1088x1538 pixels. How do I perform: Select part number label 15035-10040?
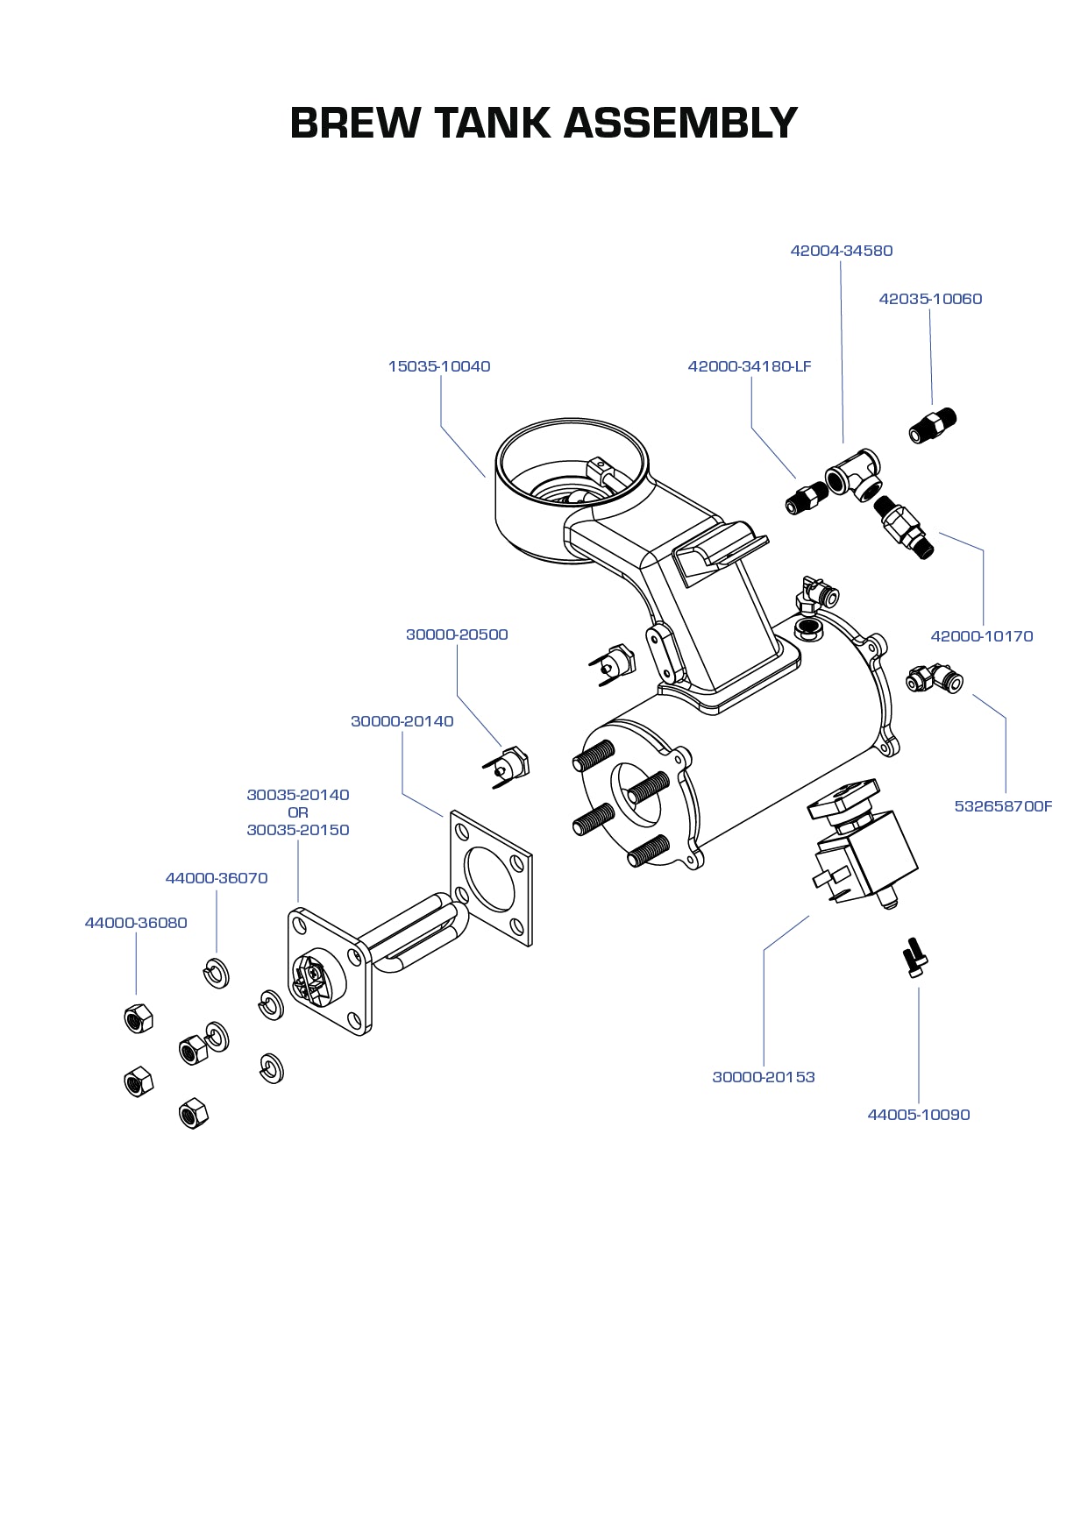click(x=439, y=366)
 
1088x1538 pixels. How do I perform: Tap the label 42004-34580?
click(x=841, y=251)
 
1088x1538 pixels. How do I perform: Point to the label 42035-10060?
click(x=930, y=299)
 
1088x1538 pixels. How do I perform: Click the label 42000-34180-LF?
click(x=750, y=366)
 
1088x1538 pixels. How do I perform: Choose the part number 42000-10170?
click(x=981, y=636)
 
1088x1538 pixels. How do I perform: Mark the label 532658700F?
click(x=1003, y=806)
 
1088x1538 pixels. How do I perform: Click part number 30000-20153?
click(x=763, y=1077)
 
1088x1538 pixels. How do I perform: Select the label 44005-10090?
click(x=918, y=1115)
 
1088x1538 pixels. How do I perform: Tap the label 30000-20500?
click(x=457, y=634)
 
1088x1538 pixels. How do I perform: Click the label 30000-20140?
click(x=402, y=721)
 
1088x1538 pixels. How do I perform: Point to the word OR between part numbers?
click(x=298, y=812)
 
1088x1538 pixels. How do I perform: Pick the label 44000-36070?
click(x=217, y=878)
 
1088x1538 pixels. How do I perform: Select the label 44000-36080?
click(x=136, y=923)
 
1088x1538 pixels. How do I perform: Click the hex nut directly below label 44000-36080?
click(x=139, y=1018)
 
